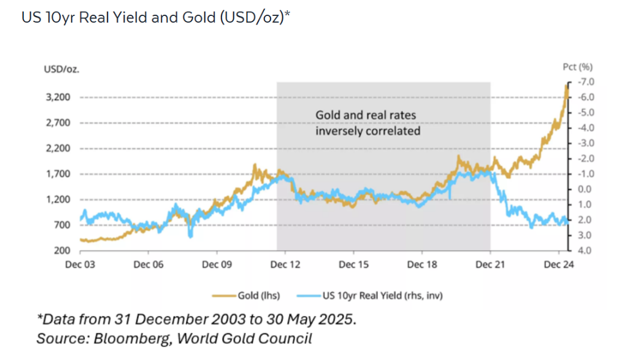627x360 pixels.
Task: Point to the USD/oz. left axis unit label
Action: (61, 68)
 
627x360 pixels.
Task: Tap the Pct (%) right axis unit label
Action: (577, 67)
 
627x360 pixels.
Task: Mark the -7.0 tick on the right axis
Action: (583, 82)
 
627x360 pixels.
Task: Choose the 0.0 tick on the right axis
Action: (584, 190)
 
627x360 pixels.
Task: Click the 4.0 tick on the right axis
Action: (584, 250)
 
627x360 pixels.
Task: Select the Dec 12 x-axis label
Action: (285, 264)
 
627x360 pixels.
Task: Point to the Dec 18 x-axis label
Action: (421, 264)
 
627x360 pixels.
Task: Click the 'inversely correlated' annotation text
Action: (367, 131)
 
